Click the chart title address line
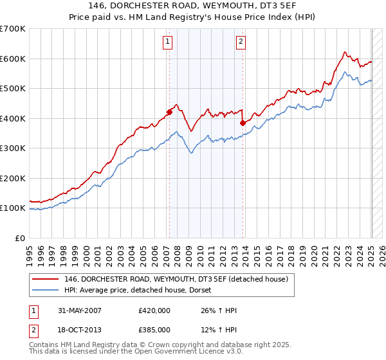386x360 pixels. pyautogui.click(x=193, y=6)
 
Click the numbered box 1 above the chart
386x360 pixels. pyautogui.click(x=167, y=42)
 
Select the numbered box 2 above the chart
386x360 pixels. pyautogui.click(x=241, y=42)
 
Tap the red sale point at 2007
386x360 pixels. pyautogui.click(x=169, y=112)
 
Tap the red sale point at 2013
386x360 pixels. pyautogui.click(x=243, y=123)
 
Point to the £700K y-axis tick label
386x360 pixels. pyautogui.click(x=13, y=29)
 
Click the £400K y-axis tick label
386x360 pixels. pyautogui.click(x=13, y=118)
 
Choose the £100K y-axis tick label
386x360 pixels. pyautogui.click(x=13, y=208)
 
